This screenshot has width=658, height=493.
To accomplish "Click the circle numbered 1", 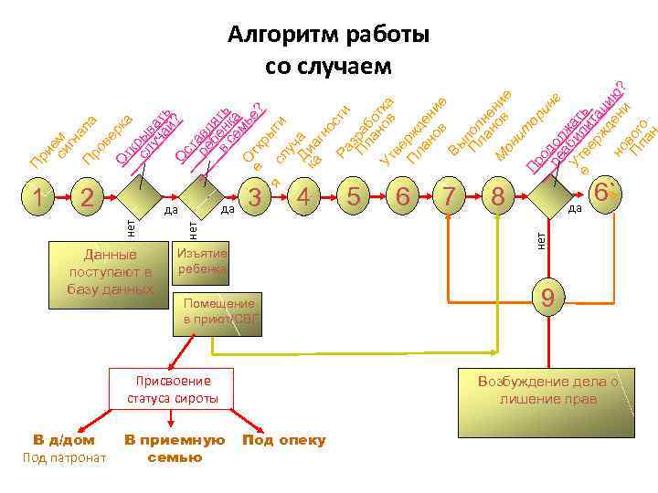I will (37, 196).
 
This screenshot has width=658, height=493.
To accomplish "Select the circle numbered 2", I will (86, 196).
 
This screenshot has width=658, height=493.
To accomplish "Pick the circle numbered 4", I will (305, 196).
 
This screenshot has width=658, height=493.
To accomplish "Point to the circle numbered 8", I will (497, 196).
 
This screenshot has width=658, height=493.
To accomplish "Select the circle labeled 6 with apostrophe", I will (602, 194).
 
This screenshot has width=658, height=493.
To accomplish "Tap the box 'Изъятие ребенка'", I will (202, 260).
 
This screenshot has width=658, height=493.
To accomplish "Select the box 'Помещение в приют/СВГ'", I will (218, 311).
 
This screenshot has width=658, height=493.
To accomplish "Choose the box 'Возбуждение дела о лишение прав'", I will (548, 390).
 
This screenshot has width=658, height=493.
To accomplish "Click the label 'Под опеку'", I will (283, 441).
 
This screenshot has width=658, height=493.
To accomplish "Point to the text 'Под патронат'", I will (64, 456).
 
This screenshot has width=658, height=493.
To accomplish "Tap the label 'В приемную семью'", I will (175, 448).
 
